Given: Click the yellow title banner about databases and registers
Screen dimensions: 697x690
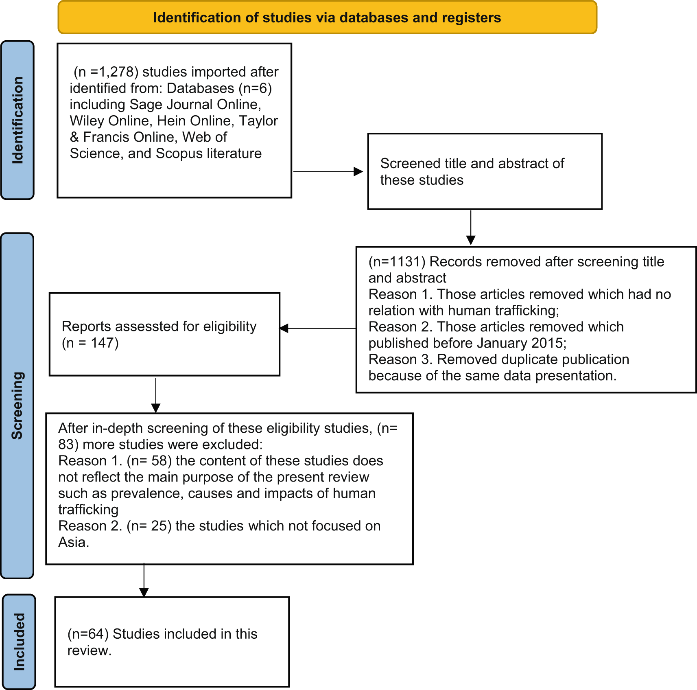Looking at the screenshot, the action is click(x=327, y=17).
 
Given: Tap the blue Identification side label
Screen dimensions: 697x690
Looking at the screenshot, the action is click(x=17, y=120).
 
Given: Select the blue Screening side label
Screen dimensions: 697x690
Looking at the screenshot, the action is click(x=17, y=405).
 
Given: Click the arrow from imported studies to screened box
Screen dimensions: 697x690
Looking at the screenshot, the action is click(x=328, y=171).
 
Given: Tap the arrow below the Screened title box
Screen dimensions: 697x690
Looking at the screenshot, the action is click(x=471, y=227).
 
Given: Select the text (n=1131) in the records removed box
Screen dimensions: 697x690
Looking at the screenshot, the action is click(x=397, y=261).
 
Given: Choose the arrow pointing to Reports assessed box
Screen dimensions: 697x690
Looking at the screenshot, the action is click(x=318, y=328).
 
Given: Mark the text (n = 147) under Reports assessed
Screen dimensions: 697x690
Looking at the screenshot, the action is click(x=90, y=343).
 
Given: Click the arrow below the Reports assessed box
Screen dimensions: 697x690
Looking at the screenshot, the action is click(x=156, y=395).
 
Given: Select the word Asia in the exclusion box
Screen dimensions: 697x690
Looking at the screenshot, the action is click(x=72, y=542).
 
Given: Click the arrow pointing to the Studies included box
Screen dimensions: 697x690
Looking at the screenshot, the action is click(x=144, y=580).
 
